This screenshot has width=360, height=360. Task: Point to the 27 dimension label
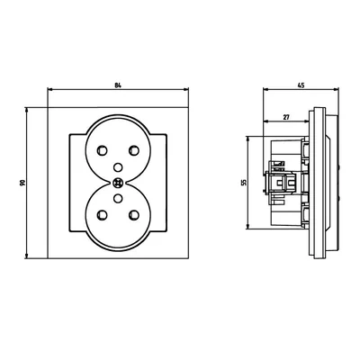284,114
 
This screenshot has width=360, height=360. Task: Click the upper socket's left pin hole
99,150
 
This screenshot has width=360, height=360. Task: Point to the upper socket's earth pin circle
118,166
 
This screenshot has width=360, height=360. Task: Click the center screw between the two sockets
118,181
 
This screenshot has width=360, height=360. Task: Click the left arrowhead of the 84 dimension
49,91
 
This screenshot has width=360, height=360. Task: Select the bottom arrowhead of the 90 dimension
27,255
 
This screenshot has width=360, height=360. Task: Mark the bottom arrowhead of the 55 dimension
250,225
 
